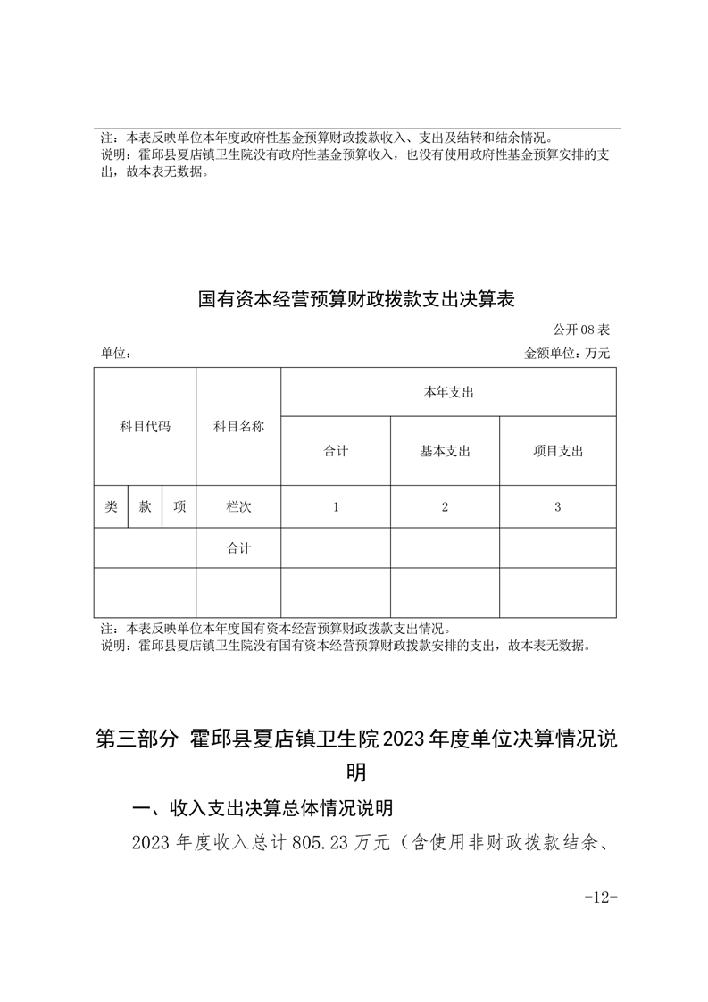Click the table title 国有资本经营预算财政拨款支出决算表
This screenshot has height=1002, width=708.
click(356, 298)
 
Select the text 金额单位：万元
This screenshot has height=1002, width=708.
click(568, 354)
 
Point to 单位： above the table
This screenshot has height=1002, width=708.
click(117, 354)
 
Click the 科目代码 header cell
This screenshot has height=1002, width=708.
click(145, 426)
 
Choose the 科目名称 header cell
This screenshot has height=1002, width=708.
click(238, 426)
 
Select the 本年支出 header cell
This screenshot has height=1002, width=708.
click(448, 392)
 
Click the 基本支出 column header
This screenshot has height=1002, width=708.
click(445, 451)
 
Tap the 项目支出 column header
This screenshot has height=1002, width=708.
click(557, 451)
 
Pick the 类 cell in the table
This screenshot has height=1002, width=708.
click(111, 506)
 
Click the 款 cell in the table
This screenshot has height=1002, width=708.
click(145, 506)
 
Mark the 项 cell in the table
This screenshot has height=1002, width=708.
click(179, 506)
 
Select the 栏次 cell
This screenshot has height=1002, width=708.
click(238, 506)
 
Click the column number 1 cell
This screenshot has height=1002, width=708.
click(336, 506)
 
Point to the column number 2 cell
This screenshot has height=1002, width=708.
click(445, 506)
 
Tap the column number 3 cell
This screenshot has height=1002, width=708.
click(557, 506)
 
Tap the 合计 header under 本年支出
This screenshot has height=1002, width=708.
click(336, 451)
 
